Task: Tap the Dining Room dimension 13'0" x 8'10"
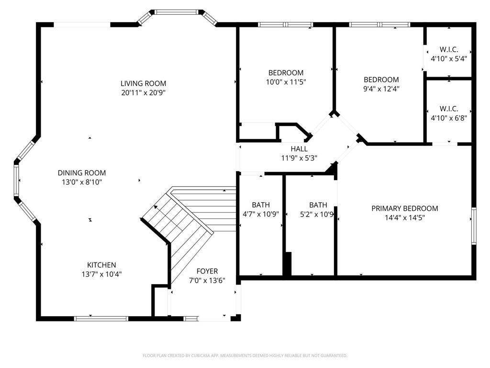82,182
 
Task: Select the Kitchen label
101,265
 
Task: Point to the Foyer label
207,271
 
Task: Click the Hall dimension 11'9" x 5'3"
299,157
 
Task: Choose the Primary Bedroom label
405,208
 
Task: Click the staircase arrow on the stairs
156,207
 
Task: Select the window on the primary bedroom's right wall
474,226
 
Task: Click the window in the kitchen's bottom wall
101,318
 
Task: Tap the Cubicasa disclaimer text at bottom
245,356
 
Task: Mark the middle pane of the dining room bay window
17,180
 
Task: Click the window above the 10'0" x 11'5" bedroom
285,24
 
